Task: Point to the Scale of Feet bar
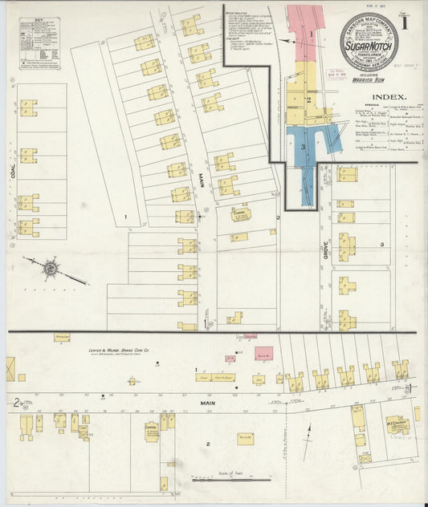(x=230, y=479)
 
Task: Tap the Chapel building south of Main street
(x=152, y=431)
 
